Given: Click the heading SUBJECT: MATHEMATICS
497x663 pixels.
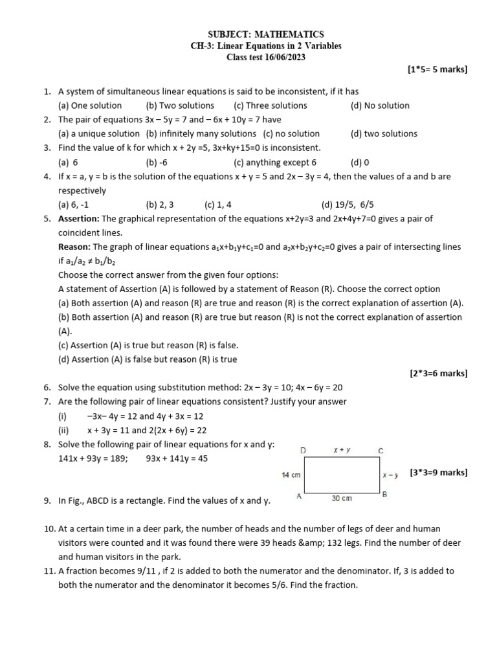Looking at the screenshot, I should pos(266,34).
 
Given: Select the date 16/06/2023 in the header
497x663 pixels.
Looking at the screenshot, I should pos(284,57).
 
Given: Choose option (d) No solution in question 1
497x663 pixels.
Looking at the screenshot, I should pos(380,106).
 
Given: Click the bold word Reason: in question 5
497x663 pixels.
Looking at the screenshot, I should pos(74,247).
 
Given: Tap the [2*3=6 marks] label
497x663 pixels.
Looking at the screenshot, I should pos(438,374).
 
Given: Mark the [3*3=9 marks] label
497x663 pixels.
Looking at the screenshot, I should pos(438,473).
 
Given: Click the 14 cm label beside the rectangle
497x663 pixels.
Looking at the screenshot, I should pos(291,475).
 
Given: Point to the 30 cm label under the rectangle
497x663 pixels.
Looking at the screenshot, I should pos(342,498).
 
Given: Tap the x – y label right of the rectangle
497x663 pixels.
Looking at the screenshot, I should pos(390,475).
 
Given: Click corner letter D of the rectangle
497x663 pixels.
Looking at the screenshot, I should pos(303,450).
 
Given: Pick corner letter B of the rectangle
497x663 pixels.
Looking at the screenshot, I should pos(384,495).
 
